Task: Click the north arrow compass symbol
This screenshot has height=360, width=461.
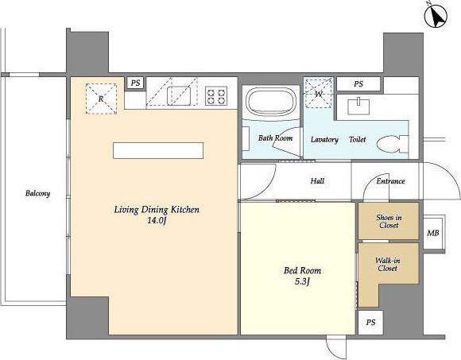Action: coord(436,17)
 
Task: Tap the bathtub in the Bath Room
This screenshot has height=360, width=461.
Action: coord(271,102)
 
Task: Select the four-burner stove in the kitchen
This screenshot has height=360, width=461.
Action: coord(216,96)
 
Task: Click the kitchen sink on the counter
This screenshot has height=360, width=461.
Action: coord(179,96)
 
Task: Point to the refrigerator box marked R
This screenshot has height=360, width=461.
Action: coord(101,99)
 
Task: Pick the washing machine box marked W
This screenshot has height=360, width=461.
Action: coord(319,93)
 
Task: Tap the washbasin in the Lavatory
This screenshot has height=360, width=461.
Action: coord(358,106)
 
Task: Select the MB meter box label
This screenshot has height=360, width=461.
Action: coord(432,233)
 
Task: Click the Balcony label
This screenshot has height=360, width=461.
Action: coord(37,193)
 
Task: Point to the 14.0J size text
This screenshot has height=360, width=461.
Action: coord(157,220)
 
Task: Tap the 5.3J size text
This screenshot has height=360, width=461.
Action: coord(302,281)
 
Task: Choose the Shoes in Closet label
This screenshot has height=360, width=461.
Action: coord(389,221)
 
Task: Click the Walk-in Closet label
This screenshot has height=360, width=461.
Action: coord(388,264)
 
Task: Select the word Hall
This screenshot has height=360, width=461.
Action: coord(317,180)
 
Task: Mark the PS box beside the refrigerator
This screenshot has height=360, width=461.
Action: coord(136,83)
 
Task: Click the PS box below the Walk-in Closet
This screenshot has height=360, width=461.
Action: coord(370,323)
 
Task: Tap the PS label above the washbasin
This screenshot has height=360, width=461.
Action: coord(358,84)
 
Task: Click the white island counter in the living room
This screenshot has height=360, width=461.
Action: coord(158,150)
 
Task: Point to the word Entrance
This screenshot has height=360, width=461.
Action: coord(390,181)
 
